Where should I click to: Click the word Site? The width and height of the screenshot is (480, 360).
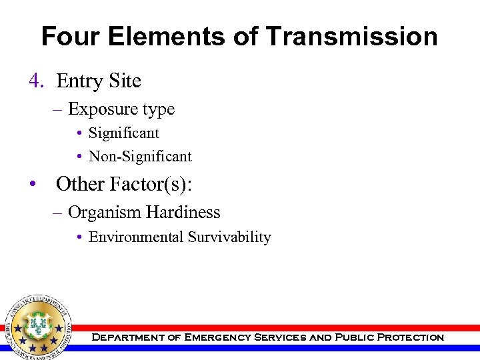[126, 81]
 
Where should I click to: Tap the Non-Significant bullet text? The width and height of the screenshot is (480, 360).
[140, 157]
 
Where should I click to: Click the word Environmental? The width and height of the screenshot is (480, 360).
[136, 237]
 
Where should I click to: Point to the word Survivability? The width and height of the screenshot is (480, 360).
[229, 237]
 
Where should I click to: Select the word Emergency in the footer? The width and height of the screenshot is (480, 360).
[218, 337]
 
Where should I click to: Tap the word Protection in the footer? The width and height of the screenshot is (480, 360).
[410, 337]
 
